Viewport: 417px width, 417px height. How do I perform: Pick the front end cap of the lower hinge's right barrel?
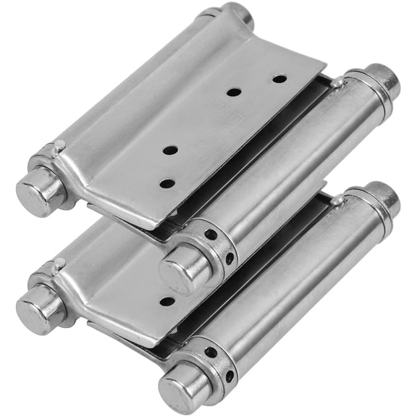177,388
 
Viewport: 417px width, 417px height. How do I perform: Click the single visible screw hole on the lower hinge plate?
167,300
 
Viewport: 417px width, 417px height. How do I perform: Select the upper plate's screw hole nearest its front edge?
167,183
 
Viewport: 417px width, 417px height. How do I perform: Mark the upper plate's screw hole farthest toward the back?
279,78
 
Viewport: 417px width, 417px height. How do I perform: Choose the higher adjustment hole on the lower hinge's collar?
211,353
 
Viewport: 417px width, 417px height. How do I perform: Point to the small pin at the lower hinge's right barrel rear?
337,201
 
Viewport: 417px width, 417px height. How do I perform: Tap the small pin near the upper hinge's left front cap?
59,146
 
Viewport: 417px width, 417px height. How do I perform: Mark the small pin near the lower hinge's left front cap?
60,264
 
